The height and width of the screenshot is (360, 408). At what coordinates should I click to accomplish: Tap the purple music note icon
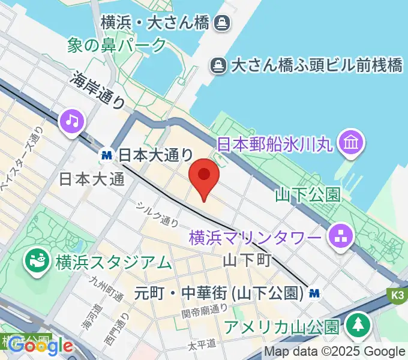tap(72, 121)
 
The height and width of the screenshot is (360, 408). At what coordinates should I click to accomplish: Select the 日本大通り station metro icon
tap(107, 155)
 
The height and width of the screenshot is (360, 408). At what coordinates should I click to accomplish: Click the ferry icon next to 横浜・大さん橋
tap(223, 23)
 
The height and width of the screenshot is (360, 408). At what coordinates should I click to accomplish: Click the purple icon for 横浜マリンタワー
tap(340, 238)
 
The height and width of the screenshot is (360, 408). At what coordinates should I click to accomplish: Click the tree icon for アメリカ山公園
tap(359, 325)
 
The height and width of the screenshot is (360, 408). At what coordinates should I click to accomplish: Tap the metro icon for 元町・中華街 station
tap(314, 293)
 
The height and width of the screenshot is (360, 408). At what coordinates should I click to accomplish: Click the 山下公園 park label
tap(307, 194)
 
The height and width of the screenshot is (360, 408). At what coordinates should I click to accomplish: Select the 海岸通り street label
tap(98, 89)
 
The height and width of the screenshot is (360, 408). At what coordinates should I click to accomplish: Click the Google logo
tap(40, 346)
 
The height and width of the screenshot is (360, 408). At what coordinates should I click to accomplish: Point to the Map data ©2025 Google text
tap(335, 352)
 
